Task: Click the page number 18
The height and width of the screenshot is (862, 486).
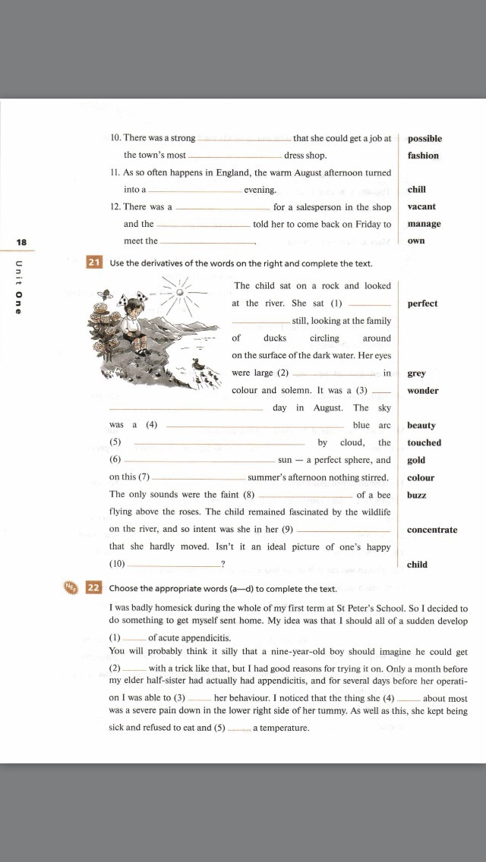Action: [21, 242]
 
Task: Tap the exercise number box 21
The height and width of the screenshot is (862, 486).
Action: [94, 263]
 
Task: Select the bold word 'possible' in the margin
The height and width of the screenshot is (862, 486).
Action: [424, 139]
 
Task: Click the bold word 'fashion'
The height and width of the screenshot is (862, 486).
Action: [423, 156]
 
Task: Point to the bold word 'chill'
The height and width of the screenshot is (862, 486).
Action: [416, 190]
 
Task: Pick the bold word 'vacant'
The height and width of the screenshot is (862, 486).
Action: [421, 206]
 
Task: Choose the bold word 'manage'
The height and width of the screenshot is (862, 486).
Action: [424, 224]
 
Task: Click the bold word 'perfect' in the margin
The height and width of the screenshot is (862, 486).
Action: [422, 304]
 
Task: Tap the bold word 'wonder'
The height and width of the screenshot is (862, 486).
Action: [423, 391]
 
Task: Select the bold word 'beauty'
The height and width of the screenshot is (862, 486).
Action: [421, 426]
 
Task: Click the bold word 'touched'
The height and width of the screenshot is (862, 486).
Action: [424, 442]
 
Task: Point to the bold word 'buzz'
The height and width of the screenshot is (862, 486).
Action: [416, 495]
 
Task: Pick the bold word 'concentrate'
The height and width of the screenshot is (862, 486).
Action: [432, 530]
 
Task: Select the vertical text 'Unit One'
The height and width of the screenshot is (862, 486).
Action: [19, 288]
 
